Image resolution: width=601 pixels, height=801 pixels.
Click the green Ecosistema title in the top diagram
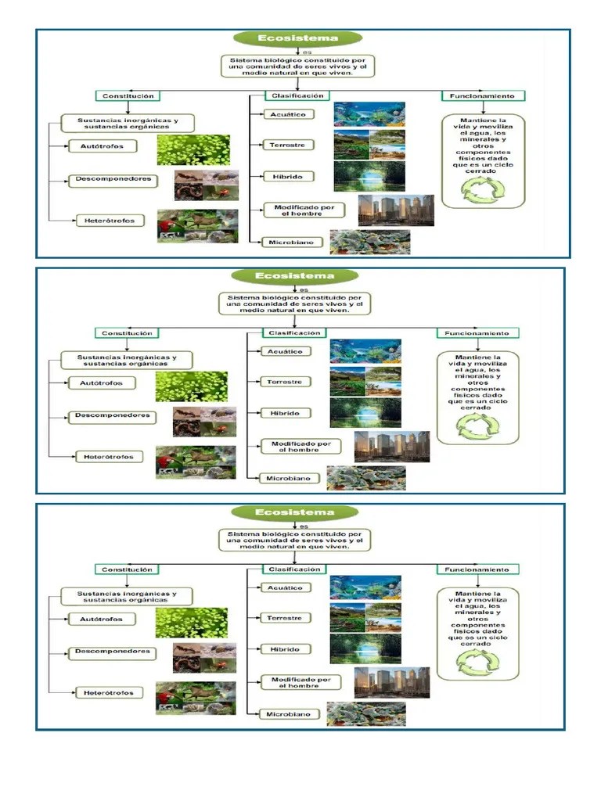tap(298, 38)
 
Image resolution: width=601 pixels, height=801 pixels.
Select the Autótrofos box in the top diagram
tap(101, 146)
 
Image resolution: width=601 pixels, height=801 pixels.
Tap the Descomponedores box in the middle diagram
tap(112, 416)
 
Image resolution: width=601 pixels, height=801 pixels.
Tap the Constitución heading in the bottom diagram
tap(127, 569)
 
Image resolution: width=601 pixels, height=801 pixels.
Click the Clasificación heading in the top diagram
tap(297, 96)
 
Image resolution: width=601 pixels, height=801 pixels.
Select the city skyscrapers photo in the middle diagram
tap(391, 447)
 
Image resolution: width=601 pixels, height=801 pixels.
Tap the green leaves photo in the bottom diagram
tap(191, 622)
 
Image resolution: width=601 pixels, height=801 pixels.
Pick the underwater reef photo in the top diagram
tap(369, 114)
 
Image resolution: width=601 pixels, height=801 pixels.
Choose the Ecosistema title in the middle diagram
tap(294, 276)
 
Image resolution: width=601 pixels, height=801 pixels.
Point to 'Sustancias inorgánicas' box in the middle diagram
tap(127, 361)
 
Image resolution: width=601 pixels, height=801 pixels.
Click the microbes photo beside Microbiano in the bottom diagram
tap(365, 714)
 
